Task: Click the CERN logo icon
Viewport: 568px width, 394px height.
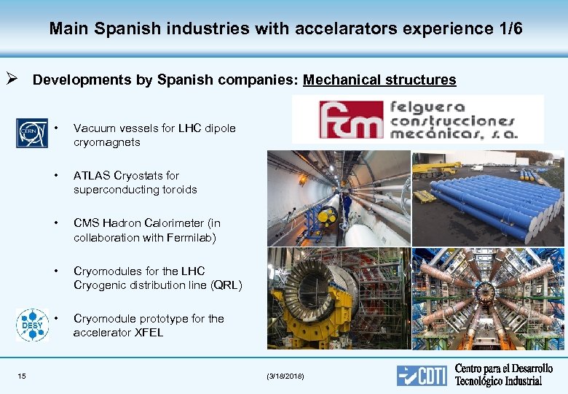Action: coord(32,133)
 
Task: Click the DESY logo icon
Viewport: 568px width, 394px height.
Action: coord(32,325)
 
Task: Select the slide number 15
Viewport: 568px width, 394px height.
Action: coord(22,376)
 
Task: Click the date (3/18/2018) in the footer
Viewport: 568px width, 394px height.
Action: coord(286,376)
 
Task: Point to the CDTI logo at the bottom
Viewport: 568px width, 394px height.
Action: coord(422,376)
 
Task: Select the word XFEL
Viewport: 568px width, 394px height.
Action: coord(149,333)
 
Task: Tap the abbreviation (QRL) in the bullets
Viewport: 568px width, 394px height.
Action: coord(226,285)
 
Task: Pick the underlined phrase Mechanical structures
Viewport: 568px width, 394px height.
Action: coord(379,80)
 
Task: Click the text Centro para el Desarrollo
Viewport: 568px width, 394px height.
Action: coord(504,369)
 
